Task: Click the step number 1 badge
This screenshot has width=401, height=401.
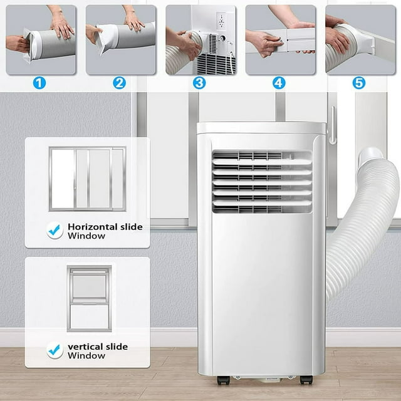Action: tap(39, 82)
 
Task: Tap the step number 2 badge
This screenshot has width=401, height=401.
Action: tap(119, 82)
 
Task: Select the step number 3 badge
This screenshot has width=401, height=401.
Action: tap(199, 82)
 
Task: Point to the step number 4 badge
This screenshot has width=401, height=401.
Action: tap(279, 82)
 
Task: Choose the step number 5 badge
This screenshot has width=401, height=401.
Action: tap(359, 82)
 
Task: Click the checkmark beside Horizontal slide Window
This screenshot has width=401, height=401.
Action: tap(55, 231)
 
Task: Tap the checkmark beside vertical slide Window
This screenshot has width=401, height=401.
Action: tap(55, 350)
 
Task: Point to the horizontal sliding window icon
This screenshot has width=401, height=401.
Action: tap(87, 179)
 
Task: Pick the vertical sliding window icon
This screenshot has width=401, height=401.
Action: tap(89, 298)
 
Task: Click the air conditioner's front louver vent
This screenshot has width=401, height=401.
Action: tap(262, 182)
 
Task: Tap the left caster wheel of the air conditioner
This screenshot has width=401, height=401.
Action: tap(222, 380)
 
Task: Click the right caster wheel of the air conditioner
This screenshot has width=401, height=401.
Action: tap(306, 380)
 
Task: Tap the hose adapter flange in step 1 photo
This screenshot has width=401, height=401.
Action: tap(28, 45)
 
